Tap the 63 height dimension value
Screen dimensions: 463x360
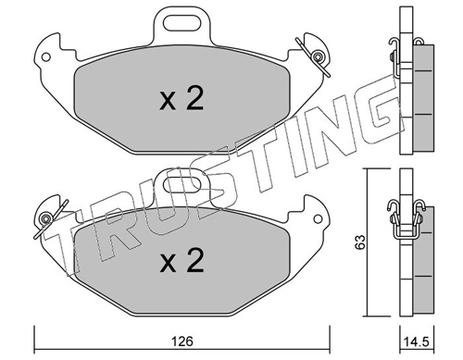[360, 242]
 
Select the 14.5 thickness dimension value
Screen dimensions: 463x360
[416, 341]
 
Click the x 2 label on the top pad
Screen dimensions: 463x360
[181, 99]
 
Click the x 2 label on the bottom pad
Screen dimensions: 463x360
[181, 261]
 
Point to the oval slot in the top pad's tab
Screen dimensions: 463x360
[181, 23]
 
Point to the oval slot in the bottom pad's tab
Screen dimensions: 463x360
[182, 185]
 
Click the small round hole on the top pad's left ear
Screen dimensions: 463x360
[46, 57]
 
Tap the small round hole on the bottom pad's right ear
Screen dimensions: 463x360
[318, 219]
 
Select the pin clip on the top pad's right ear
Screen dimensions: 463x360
[314, 57]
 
